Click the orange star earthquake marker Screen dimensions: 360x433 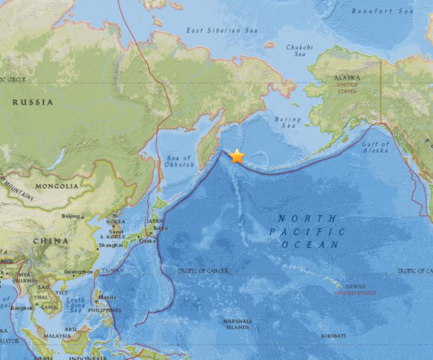237,156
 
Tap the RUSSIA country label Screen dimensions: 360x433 33,103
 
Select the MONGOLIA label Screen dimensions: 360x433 57,186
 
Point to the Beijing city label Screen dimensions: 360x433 71,216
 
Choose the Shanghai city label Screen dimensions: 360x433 110,245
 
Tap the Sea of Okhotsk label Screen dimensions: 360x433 180,161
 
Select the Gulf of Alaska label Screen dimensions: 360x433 376,147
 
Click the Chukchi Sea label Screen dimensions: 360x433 299,51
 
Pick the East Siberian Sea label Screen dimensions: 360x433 222,31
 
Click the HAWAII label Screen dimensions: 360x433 354,286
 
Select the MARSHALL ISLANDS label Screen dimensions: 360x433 236,324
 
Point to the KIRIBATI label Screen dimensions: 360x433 333,336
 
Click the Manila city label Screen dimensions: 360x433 107,297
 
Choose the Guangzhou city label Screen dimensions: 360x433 79,272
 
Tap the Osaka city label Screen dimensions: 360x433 148,240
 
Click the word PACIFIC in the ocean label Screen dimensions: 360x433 307,232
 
